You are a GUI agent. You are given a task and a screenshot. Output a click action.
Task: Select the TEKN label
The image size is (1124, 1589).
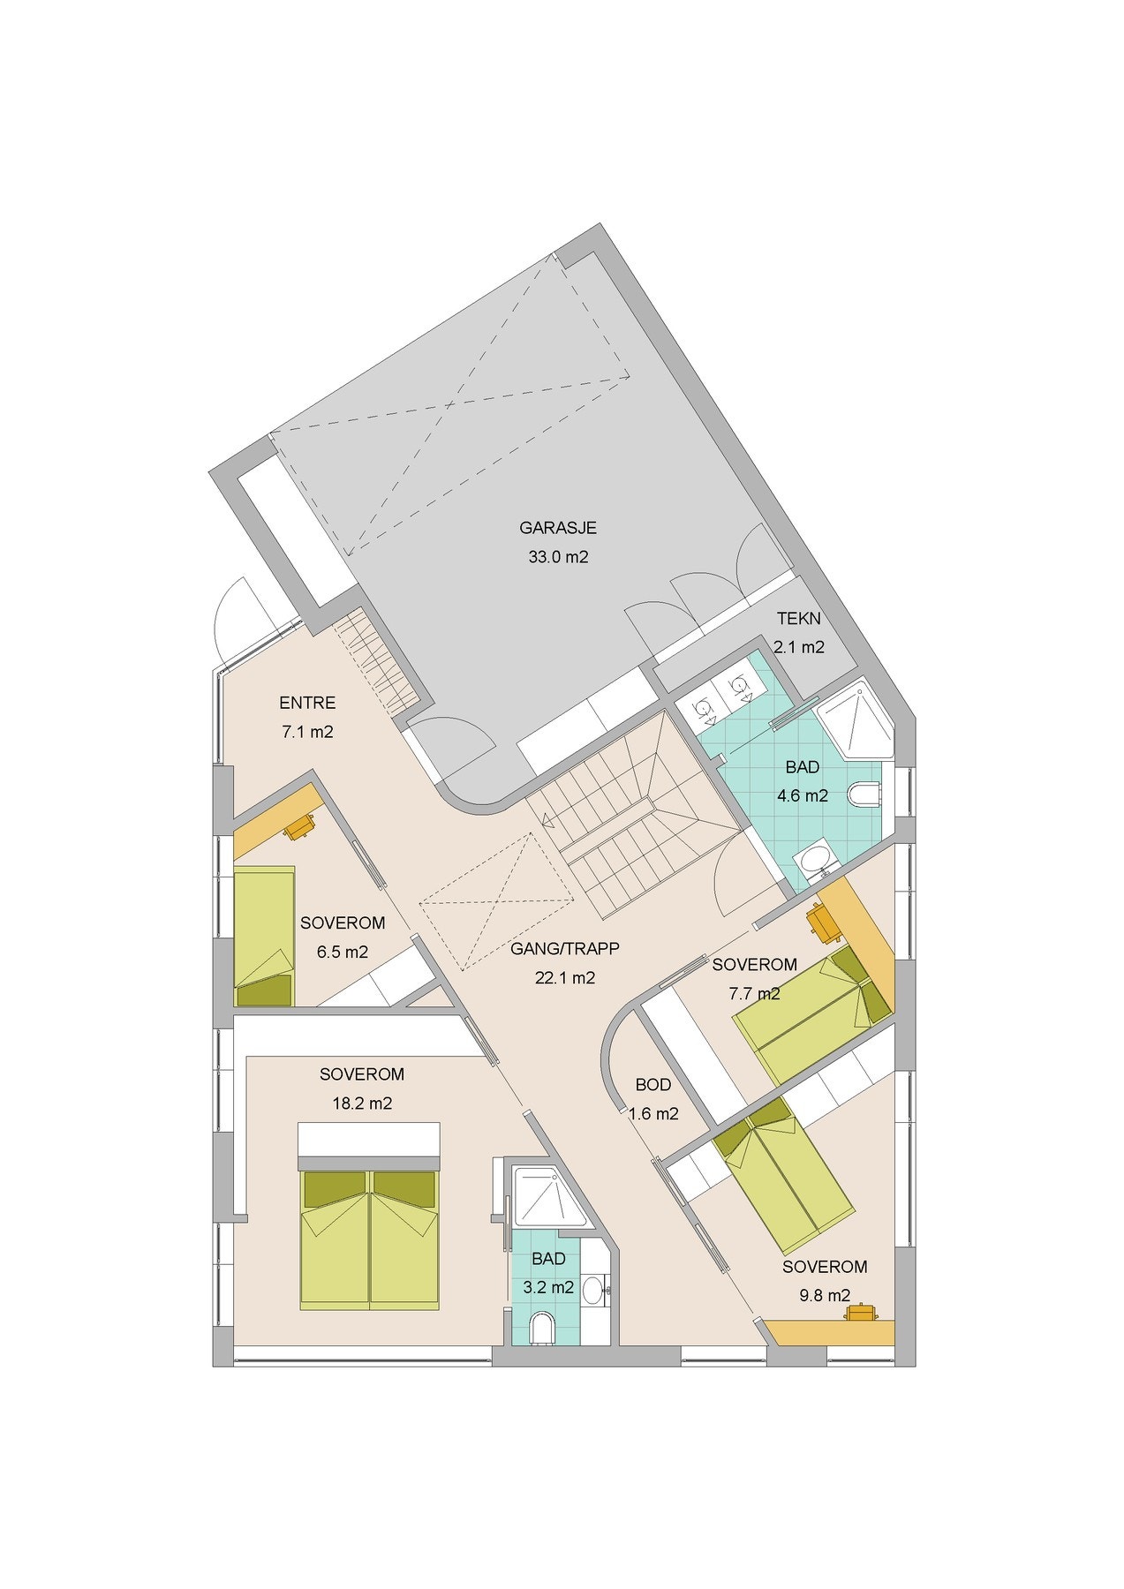(799, 618)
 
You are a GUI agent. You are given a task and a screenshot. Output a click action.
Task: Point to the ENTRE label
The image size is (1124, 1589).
(306, 704)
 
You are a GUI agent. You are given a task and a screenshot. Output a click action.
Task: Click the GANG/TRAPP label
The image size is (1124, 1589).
(565, 949)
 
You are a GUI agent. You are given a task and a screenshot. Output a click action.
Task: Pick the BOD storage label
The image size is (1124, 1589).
(653, 1085)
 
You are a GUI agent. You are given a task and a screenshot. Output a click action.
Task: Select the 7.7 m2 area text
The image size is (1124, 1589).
(754, 993)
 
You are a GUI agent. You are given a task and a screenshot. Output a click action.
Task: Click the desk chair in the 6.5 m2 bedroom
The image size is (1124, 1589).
(300, 825)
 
